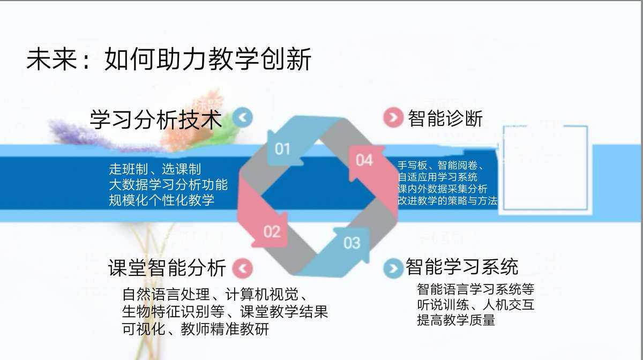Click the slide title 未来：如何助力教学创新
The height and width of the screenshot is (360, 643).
tap(169, 59)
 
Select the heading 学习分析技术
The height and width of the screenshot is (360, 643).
tap(156, 119)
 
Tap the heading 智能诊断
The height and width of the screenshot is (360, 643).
tap(445, 118)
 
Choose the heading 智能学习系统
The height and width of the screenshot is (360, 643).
tap(462, 266)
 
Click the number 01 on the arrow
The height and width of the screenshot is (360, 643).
tap(282, 148)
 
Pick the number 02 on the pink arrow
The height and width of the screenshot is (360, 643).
tap(272, 231)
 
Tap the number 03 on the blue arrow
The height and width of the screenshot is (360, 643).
tap(352, 243)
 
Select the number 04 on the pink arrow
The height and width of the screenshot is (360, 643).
tap(364, 160)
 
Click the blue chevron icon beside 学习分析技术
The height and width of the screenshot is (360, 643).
tap(243, 117)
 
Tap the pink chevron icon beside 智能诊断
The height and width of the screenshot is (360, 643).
tap(393, 118)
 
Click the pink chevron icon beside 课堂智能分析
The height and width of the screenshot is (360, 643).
tap(243, 268)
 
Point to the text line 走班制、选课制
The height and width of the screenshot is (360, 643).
tap(155, 169)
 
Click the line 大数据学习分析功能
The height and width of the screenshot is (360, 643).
tap(168, 185)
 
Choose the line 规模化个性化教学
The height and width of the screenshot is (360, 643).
tap(161, 200)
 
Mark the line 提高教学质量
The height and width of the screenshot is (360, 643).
tap(456, 320)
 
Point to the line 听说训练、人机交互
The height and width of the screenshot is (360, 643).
tap(475, 305)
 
